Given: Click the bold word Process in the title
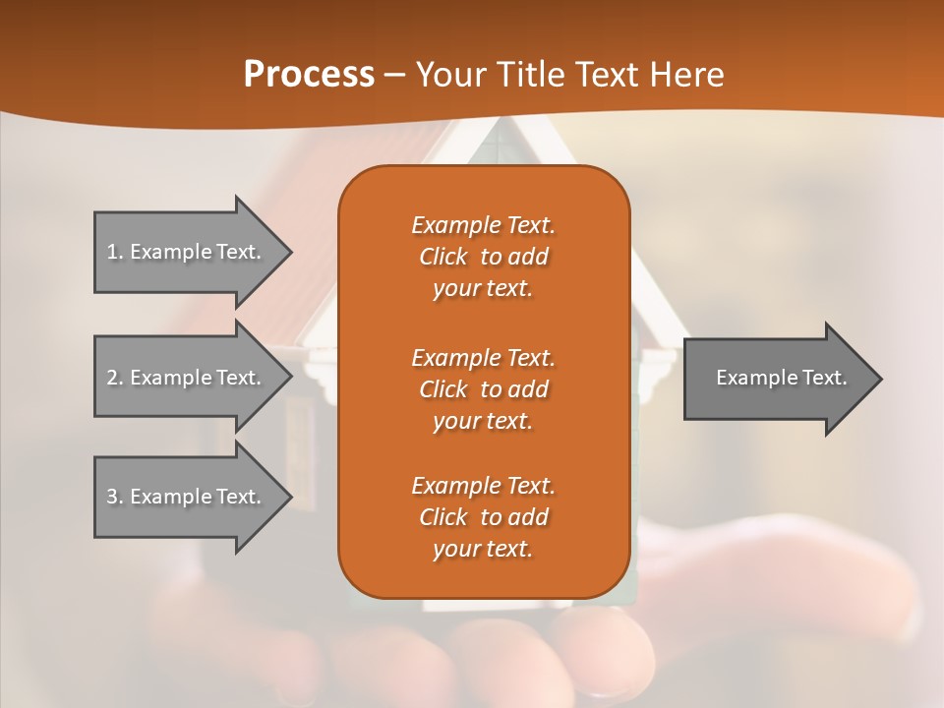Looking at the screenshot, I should pos(309,75).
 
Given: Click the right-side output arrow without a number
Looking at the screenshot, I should pos(781,378).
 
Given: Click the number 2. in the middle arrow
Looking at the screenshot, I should pos(114,378).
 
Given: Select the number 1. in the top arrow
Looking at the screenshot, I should pos(114,252).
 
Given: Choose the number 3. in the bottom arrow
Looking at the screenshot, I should pos(114,497).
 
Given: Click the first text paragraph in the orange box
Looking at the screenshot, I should pos(483,257).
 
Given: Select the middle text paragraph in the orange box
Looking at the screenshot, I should pos(483,389).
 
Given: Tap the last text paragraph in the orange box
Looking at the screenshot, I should pos(483,517).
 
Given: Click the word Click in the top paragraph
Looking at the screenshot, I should pos(442,257).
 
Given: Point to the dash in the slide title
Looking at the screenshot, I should pos(394,75).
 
